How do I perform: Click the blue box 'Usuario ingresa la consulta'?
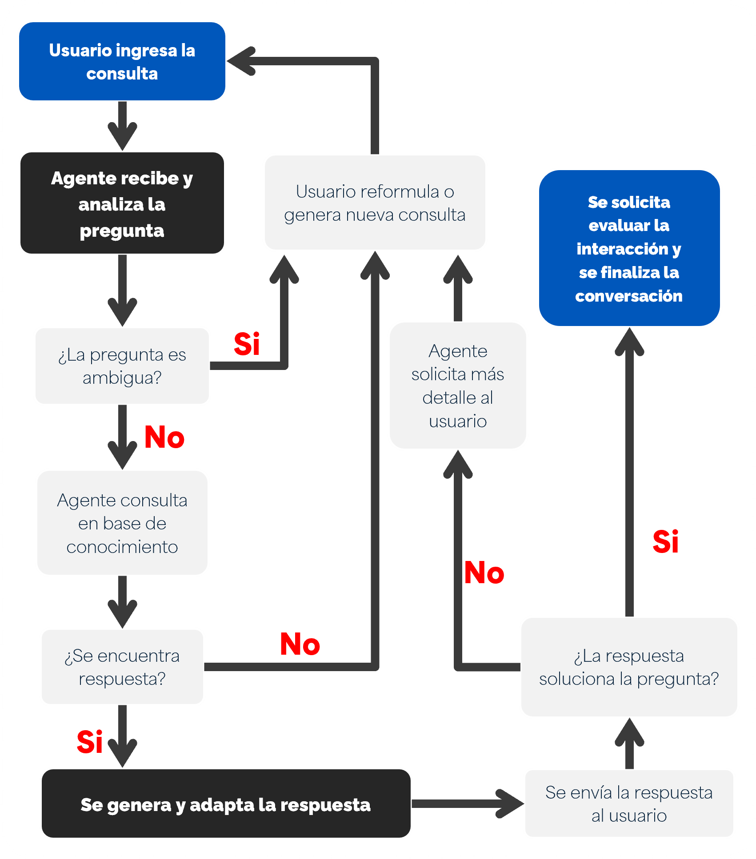[122, 61]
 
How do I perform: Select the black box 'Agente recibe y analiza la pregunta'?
[122, 203]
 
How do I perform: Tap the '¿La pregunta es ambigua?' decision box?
[122, 366]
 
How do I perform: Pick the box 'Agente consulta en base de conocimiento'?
[122, 523]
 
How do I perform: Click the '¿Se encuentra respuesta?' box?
[122, 667]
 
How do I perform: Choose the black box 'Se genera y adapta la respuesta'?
[226, 804]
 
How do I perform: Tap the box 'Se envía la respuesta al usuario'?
[628, 803]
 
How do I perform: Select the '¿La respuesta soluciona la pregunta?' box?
[628, 667]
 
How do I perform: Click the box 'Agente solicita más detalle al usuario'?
[457, 386]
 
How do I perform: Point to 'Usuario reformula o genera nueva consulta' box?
[375, 203]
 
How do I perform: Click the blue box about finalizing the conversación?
[629, 248]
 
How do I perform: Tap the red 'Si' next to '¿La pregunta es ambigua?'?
[247, 344]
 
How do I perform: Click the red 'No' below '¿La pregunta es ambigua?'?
[164, 437]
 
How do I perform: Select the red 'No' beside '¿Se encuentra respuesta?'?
[300, 644]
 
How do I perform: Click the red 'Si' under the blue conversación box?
[665, 542]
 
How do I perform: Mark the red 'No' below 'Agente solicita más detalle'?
[484, 573]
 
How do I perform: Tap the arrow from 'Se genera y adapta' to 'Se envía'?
[467, 803]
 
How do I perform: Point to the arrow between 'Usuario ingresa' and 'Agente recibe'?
[122, 127]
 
